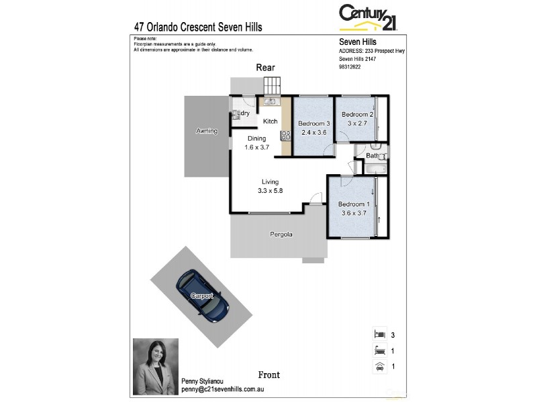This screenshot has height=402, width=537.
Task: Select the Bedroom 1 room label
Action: pos(354,204)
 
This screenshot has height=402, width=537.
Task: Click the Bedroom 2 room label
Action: pos(357,115)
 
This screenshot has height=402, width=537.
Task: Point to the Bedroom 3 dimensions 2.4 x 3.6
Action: pos(313,133)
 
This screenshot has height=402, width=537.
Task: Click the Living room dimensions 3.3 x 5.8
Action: pos(271,191)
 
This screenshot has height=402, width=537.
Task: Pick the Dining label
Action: pos(257,139)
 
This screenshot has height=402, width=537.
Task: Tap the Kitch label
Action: pos(270,121)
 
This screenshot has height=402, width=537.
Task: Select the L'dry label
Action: pos(243,114)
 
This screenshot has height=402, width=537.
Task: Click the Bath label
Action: pos(372,156)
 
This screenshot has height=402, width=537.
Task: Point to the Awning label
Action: pos(207,131)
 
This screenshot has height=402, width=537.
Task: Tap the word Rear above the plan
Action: pos(265,68)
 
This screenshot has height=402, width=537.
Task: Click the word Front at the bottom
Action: pos(268,375)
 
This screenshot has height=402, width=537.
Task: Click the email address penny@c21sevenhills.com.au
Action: pos(223,389)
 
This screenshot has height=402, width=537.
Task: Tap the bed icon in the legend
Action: pos(379,334)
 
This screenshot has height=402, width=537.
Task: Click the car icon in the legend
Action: pos(379,366)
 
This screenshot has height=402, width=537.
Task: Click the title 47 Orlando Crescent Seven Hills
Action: pos(198,27)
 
